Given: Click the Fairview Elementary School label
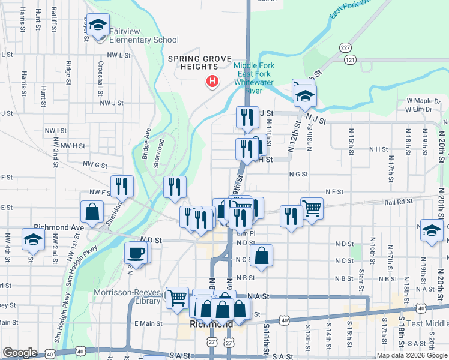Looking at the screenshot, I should (x=140, y=40).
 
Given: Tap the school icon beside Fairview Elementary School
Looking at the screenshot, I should (x=98, y=26).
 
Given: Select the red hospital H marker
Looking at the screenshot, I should (x=211, y=82).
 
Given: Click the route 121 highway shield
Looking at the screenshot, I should (x=350, y=59).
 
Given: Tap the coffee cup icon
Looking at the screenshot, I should (x=136, y=252).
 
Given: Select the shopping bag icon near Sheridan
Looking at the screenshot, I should (x=92, y=212).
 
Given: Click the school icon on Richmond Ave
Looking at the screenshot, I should (x=32, y=239).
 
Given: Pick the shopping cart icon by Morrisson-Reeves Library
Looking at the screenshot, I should (x=177, y=297).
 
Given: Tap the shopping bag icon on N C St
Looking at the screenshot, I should (x=261, y=255).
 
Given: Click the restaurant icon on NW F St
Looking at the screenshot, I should (x=122, y=186).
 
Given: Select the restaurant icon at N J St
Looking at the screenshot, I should (x=246, y=117).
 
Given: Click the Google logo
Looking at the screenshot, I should (x=20, y=353).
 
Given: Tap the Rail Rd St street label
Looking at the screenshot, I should (x=397, y=202).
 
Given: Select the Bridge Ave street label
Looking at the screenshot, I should (x=146, y=143).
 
